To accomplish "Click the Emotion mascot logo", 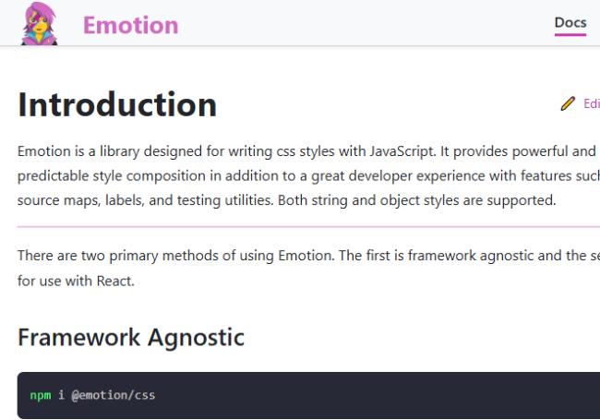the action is point(40,24).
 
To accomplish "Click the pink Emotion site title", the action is point(130,25).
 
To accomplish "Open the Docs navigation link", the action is point(570,22).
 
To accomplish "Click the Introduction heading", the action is point(117,104).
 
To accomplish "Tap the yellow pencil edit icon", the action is point(568,103).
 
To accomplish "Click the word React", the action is point(115,282).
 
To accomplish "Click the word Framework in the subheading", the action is point(79,337).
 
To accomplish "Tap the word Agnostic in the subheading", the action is point(196,338).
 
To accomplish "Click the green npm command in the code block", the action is point(41,395).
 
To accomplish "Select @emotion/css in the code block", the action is point(114,395).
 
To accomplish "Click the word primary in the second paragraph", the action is point(134,256).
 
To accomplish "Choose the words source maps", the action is point(59,200).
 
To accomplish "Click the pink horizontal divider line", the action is point(308,227).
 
